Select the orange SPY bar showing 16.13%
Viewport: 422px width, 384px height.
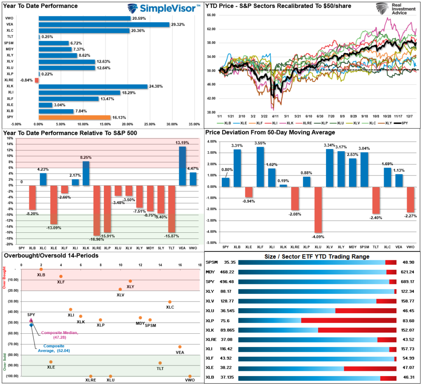click(x=74, y=117)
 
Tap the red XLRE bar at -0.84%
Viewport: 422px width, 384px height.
click(x=37, y=80)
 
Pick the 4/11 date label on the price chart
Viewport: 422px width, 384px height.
click(x=274, y=117)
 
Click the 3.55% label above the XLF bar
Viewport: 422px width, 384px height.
click(x=260, y=143)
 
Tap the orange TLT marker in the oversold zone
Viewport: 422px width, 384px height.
click(x=160, y=363)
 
